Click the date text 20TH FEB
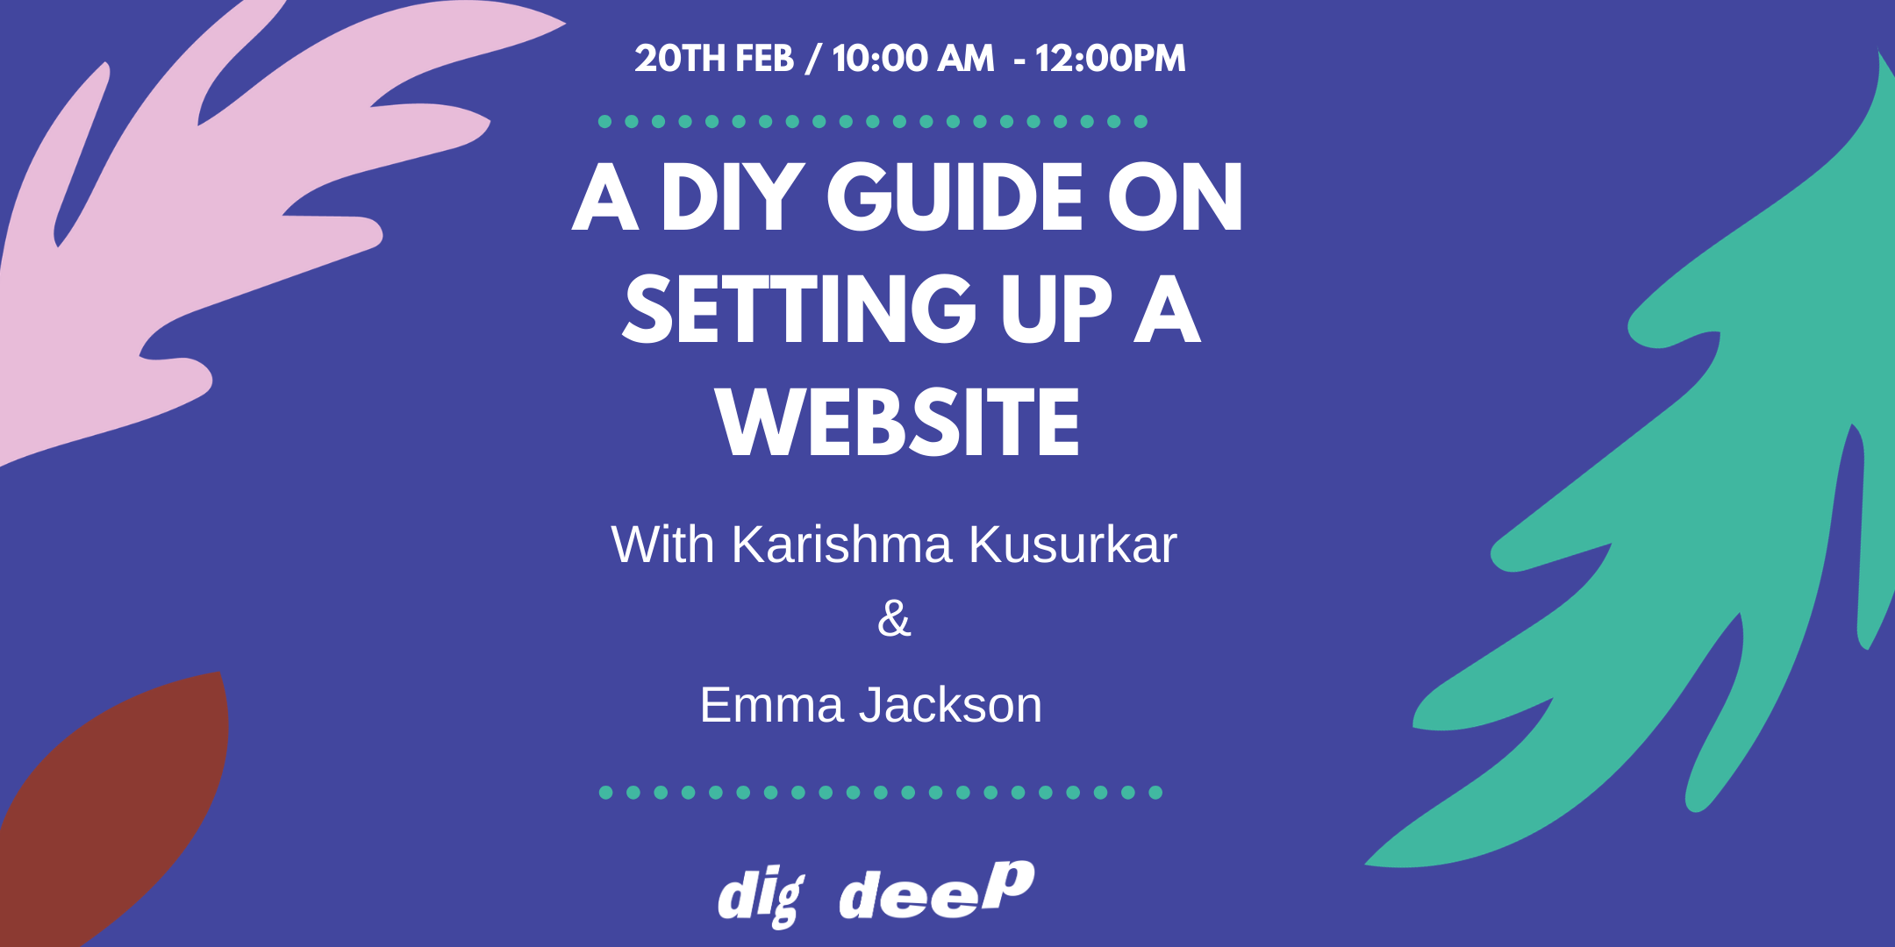coord(714,59)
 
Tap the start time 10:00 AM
coord(913,59)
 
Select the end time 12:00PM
coord(1110,59)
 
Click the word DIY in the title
coord(733,197)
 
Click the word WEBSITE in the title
coord(897,422)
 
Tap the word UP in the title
coord(1055,309)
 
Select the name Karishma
coord(841,545)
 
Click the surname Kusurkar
coord(1073,545)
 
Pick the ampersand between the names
coord(894,618)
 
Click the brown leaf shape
coord(114,807)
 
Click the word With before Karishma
coord(662,545)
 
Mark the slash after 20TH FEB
coord(813,59)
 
